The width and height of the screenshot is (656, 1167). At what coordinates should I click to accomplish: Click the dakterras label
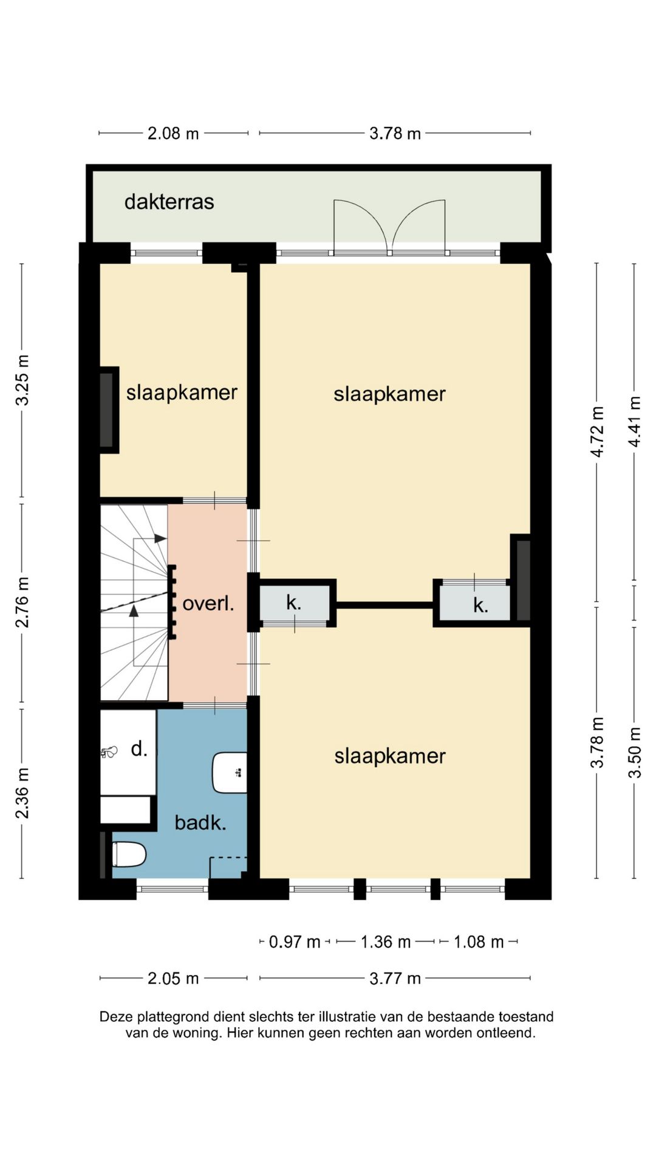[x=169, y=202]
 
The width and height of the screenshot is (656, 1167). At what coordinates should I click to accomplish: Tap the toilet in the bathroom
[x=129, y=854]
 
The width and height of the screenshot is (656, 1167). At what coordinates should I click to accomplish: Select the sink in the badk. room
[x=230, y=773]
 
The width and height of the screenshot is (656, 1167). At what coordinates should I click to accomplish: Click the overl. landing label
[x=208, y=604]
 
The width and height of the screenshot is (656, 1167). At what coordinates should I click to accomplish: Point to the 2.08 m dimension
[x=173, y=133]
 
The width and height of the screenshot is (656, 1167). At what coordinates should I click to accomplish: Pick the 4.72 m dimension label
[x=598, y=432]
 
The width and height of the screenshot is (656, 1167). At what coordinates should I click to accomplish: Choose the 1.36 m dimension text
[x=386, y=942]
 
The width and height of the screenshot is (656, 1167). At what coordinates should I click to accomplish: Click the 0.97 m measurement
[x=295, y=942]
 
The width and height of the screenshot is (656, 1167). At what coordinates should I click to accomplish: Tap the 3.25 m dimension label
[x=22, y=380]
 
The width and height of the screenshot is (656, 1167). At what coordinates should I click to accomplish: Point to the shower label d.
[x=139, y=748]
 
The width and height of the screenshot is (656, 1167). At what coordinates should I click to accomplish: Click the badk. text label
[x=200, y=822]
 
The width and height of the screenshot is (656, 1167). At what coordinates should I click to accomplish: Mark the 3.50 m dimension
[x=635, y=752]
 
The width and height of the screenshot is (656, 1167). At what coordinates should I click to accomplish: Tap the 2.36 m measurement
[x=22, y=793]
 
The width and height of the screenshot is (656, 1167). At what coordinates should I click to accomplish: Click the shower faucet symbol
[x=109, y=752]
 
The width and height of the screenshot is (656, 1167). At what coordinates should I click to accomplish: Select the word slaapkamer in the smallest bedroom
[x=182, y=392]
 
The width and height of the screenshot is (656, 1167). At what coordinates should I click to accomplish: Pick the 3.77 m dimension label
[x=395, y=978]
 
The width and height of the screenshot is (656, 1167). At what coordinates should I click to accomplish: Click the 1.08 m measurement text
[x=479, y=942]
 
